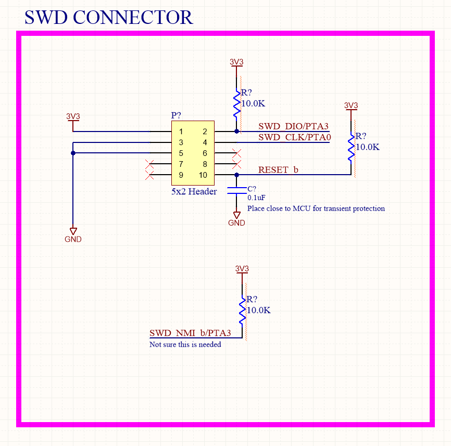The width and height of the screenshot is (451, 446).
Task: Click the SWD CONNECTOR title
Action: tap(108, 18)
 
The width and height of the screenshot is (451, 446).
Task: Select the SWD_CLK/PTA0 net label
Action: tap(295, 137)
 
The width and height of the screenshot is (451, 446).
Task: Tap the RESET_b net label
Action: tap(279, 170)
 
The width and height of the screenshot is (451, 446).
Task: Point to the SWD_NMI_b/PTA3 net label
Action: tap(190, 333)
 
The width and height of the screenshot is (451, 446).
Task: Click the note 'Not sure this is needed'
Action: tap(185, 344)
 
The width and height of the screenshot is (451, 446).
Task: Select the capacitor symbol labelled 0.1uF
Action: tap(237, 192)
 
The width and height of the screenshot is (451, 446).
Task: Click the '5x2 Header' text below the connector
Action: tap(194, 192)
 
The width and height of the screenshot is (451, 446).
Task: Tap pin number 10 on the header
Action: tap(203, 175)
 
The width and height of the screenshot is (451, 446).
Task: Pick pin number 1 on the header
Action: tap(181, 132)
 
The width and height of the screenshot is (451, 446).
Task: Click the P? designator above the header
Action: tap(177, 115)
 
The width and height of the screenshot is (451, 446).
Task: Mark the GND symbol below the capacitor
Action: tap(236, 218)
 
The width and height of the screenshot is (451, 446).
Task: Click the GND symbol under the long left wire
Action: tap(73, 234)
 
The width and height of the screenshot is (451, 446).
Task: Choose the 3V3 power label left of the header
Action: tap(73, 116)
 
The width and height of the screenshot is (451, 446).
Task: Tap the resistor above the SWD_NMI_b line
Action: tap(242, 310)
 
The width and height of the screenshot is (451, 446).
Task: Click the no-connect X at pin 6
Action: tap(236, 153)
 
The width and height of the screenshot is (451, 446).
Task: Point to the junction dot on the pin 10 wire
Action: tap(237, 175)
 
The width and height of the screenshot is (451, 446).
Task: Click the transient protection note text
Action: tap(316, 208)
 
